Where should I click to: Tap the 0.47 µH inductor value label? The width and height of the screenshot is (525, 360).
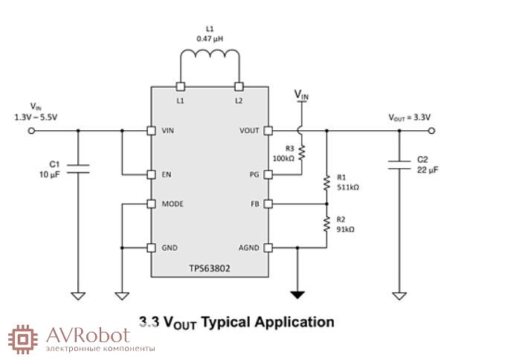point(210,37)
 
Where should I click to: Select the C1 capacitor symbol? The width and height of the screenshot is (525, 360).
point(79,170)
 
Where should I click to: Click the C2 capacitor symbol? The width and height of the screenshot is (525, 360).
point(399,164)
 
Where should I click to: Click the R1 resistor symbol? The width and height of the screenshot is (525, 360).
point(326,183)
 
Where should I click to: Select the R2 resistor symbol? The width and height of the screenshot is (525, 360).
point(326,225)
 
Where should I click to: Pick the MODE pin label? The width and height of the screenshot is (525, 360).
point(173,204)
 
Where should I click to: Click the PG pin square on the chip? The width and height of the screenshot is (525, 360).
point(268,175)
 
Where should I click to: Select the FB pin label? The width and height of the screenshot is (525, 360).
point(254,204)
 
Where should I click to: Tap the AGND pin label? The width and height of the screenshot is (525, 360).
point(248,248)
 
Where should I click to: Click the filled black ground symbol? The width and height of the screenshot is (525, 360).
point(297,295)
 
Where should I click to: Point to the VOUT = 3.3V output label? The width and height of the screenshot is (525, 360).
point(410,118)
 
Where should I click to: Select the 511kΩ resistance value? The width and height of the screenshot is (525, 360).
point(348,188)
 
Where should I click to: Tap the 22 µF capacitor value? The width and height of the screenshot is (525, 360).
point(428,170)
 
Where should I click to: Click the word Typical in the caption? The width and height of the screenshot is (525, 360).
point(226,322)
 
